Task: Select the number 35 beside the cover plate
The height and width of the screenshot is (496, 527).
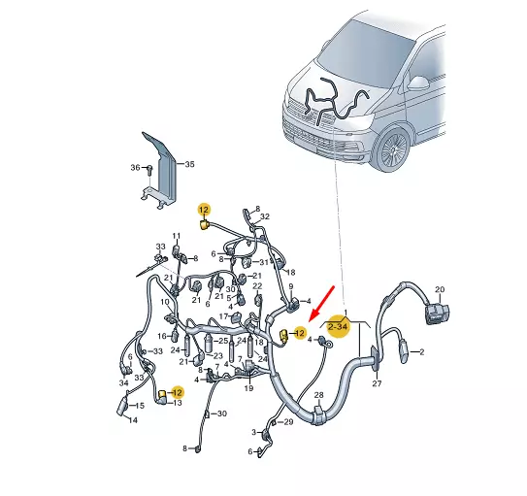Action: click(189, 164)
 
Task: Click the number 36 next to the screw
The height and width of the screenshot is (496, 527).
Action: click(135, 167)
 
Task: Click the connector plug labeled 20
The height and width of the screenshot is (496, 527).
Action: click(437, 311)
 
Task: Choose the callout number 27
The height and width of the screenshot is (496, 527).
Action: click(378, 384)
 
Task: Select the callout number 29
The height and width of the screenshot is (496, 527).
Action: click(287, 422)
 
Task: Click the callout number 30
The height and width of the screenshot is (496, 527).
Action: click(221, 413)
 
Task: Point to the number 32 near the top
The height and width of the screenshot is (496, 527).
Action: click(264, 216)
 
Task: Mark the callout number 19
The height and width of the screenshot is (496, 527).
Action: click(248, 387)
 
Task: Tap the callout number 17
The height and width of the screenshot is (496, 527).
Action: click(223, 315)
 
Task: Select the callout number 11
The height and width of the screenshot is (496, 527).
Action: click(177, 236)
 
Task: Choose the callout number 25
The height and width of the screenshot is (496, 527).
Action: click(222, 341)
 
